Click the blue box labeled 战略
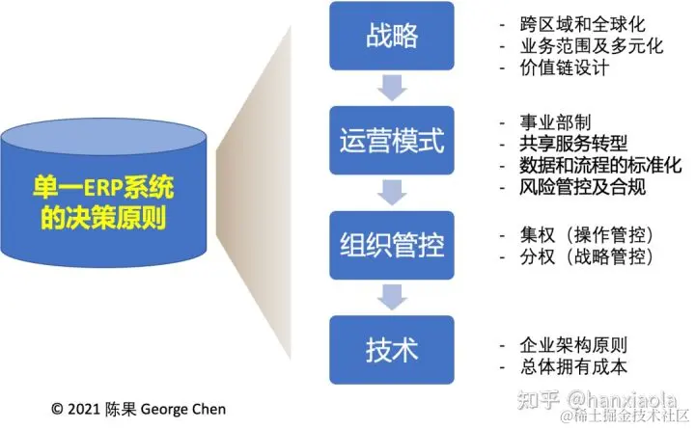pyautogui.click(x=393, y=37)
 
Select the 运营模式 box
pyautogui.click(x=393, y=142)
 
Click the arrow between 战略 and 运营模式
pyautogui.click(x=393, y=89)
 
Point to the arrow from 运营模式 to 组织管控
pyautogui.click(x=393, y=194)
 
